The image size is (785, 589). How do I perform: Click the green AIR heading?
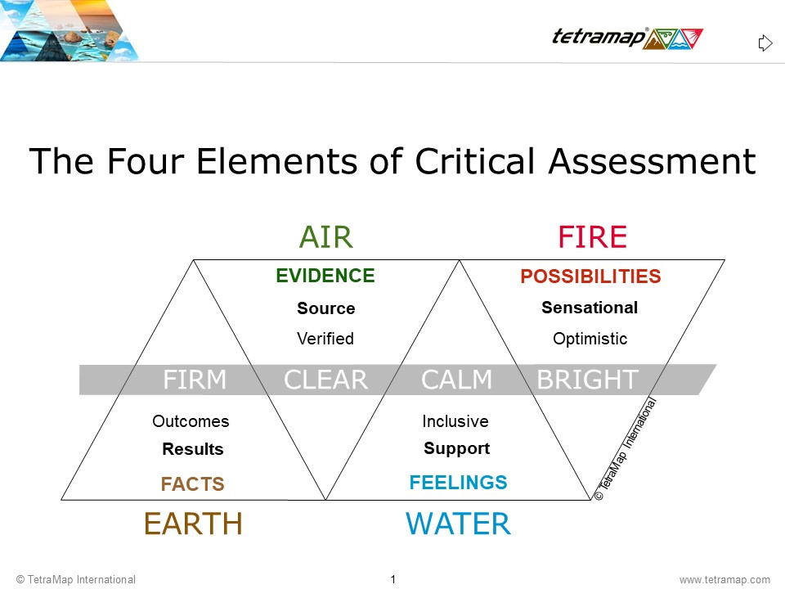[x=326, y=237]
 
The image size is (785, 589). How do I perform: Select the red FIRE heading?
[x=592, y=237]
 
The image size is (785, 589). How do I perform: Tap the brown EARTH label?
[x=193, y=524]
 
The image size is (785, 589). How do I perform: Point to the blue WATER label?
[x=458, y=524]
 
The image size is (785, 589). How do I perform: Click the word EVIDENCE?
[x=325, y=276]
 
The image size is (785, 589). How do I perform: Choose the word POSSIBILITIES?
[x=590, y=276]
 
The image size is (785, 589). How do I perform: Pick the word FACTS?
[x=193, y=483]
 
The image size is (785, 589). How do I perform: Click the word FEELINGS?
[x=458, y=483]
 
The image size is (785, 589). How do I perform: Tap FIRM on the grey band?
[x=195, y=380]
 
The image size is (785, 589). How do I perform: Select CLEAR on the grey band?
[x=326, y=380]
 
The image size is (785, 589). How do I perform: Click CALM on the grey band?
[x=456, y=380]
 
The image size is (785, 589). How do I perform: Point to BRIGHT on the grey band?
[x=588, y=380]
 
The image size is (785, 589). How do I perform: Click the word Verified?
[x=325, y=339]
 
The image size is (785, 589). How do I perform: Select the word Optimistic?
[x=590, y=339]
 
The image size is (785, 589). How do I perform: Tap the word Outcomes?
[x=191, y=421]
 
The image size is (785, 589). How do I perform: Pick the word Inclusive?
[x=455, y=421]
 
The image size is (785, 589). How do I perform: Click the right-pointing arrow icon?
[x=765, y=43]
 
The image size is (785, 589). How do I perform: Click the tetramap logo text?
[x=599, y=37]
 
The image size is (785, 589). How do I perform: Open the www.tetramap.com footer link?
[x=724, y=579]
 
